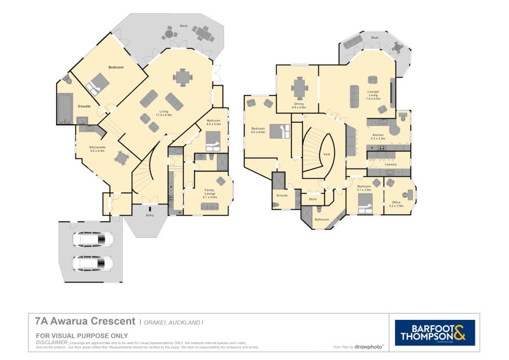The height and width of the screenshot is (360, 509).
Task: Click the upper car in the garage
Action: coord(93,240)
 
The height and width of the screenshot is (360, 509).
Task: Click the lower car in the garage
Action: coord(93,263)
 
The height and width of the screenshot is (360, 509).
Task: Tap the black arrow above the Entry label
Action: coord(150,208)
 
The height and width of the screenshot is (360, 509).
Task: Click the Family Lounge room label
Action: coord(209,193)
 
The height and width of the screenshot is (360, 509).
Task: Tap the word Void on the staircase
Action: coord(326,154)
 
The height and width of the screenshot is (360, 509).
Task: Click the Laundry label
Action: coord(390,164)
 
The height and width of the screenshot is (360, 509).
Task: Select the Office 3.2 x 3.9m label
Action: coord(396,205)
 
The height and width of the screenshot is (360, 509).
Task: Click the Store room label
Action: coord(312,200)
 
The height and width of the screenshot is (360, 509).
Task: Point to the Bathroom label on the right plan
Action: coord(322,219)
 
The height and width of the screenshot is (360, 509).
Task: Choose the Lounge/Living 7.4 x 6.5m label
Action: coord(373,98)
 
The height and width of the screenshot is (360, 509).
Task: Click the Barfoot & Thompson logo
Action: coord(435,332)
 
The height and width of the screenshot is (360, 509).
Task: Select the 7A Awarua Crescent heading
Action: coord(85,321)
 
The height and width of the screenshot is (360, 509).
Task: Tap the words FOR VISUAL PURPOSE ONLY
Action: coord(82,335)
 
